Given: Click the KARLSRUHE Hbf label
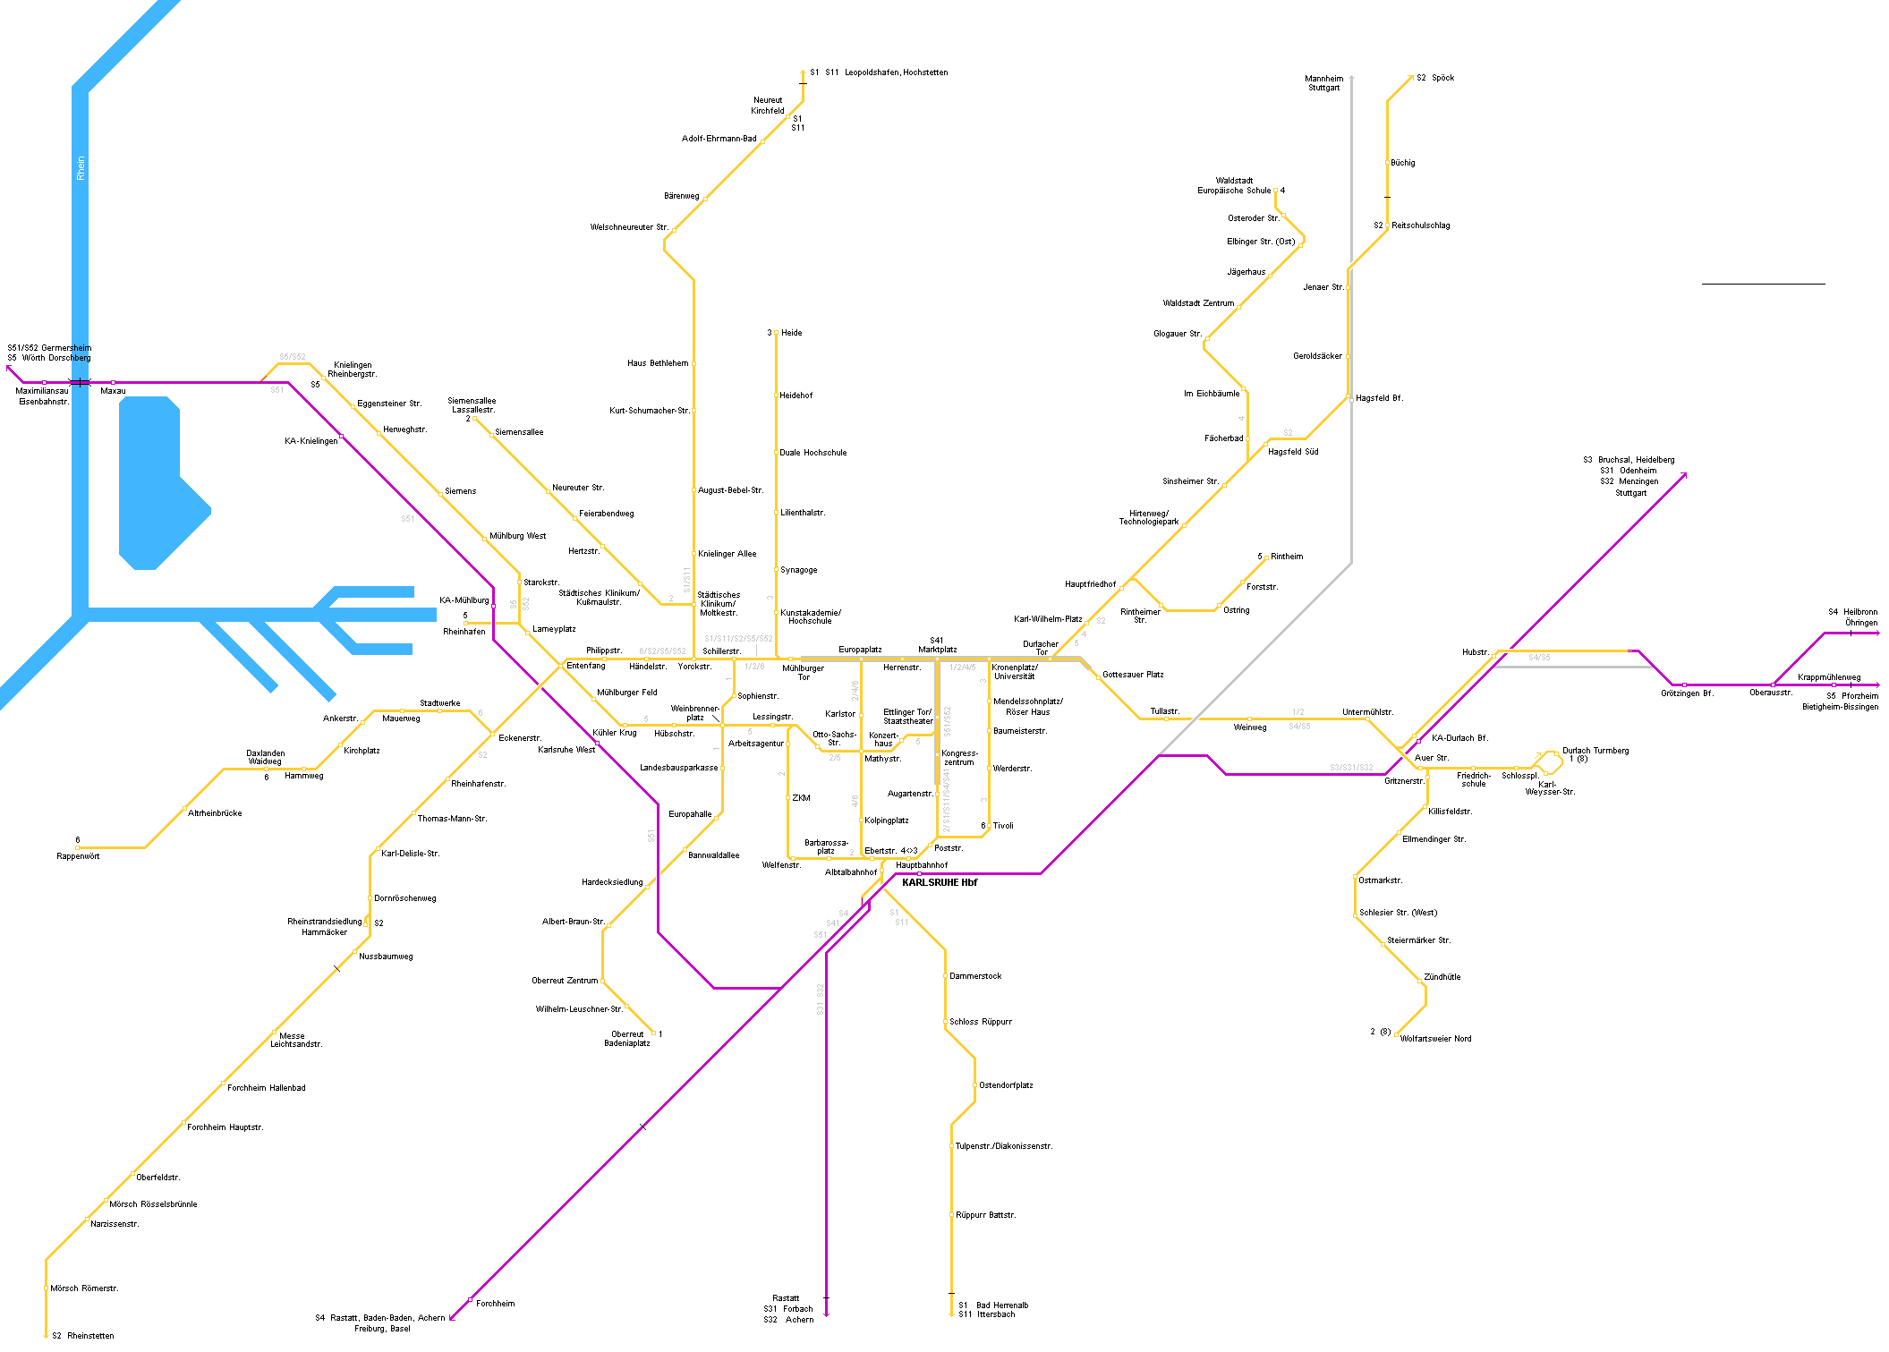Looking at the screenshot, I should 939,882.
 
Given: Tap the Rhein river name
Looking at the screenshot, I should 81,168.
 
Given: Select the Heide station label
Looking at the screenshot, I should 791,333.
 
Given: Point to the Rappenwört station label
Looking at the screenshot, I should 78,856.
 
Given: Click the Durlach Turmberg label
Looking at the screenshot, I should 1595,751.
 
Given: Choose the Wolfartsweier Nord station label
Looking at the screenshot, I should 1435,1039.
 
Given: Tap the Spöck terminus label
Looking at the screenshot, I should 1442,78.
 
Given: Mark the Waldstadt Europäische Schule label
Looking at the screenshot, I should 1234,185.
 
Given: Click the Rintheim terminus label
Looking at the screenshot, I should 1287,557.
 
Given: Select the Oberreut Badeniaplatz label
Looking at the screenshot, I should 627,1039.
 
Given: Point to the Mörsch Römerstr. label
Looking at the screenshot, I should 84,1288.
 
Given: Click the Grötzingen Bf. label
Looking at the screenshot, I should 1687,693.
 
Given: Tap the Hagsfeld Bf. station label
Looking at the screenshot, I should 1379,398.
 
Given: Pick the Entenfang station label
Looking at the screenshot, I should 585,666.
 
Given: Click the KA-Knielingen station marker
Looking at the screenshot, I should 342,437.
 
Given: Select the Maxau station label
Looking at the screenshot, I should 113,391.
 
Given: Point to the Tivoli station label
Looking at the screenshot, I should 1002,826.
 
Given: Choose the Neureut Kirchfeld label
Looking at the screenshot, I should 767,106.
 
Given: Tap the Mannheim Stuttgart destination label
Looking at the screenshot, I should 1323,83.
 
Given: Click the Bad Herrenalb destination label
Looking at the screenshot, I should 1001,1305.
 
